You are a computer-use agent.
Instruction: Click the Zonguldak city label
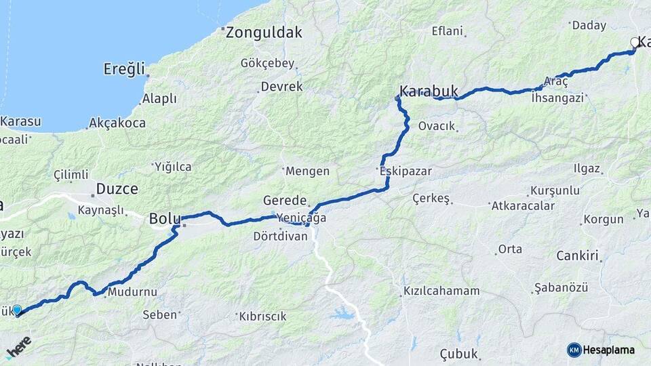(x=264, y=32)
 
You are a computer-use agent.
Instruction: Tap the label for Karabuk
(x=429, y=91)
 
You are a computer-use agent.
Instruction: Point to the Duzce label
(x=117, y=188)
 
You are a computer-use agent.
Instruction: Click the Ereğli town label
(x=124, y=69)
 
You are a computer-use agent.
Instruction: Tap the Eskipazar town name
(x=406, y=171)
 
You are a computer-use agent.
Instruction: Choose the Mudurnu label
(x=132, y=292)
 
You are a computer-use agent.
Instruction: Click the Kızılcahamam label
(x=441, y=291)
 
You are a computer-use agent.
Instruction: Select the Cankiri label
(x=577, y=256)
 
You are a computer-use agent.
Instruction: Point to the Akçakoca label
(x=117, y=123)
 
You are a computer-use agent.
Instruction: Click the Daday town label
(x=589, y=26)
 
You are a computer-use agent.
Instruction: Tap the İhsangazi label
(x=558, y=98)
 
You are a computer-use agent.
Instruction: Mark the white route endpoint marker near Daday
(x=635, y=42)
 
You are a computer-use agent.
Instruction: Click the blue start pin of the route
(x=17, y=309)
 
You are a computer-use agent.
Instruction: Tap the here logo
(x=18, y=346)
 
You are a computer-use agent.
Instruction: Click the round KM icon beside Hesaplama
(x=574, y=350)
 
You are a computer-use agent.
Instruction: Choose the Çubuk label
(x=459, y=354)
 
